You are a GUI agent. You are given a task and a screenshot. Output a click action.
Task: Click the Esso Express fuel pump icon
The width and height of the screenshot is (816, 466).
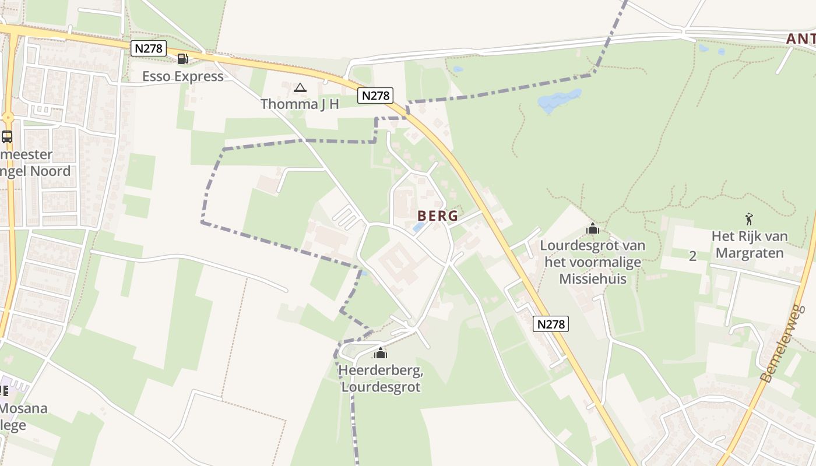182,58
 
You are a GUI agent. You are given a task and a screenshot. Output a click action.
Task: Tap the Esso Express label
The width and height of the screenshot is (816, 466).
183,76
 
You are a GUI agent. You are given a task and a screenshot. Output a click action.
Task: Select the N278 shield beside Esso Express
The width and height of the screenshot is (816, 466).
149,48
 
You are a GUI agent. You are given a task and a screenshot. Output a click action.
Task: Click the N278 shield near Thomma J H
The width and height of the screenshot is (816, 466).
375,96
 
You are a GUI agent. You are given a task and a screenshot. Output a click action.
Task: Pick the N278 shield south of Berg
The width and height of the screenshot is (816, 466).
550,324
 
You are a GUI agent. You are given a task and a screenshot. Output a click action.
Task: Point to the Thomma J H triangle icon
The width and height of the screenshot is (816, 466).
300,88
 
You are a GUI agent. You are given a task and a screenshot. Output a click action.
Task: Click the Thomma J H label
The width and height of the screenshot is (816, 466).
300,104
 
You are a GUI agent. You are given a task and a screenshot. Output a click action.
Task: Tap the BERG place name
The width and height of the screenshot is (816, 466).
438,216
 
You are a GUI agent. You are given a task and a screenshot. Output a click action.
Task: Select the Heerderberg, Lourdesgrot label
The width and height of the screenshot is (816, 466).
381,379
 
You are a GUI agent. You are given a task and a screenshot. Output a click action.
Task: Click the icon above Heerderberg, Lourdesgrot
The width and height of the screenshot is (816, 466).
381,353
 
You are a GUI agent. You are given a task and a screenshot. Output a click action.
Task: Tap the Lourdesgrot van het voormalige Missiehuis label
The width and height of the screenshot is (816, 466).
593,262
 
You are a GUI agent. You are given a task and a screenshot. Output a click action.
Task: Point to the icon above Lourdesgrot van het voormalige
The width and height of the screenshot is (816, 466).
593,229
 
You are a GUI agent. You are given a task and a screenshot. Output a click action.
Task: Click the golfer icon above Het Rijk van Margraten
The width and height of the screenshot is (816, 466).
750,219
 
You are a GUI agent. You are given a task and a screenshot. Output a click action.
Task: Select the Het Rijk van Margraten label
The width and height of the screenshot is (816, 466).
750,245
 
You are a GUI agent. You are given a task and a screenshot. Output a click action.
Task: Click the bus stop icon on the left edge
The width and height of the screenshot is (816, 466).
7,137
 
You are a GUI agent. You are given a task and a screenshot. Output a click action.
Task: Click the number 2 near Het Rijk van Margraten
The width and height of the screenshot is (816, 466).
692,256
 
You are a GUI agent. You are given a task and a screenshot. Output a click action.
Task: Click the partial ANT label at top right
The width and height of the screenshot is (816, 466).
801,39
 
